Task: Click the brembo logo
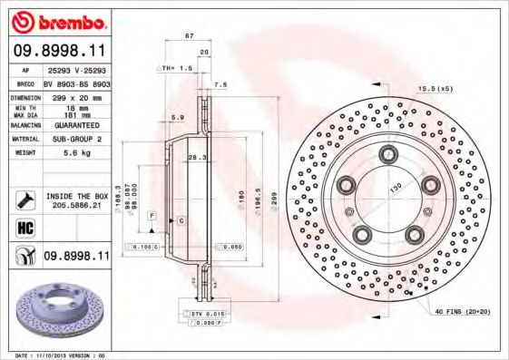tap(62, 21)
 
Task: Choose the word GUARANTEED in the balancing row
tap(69, 125)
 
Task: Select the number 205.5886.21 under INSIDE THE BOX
tap(77, 206)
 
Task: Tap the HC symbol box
tap(24, 229)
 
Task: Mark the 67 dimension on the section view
tap(190, 34)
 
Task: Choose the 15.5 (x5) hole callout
tap(434, 88)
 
